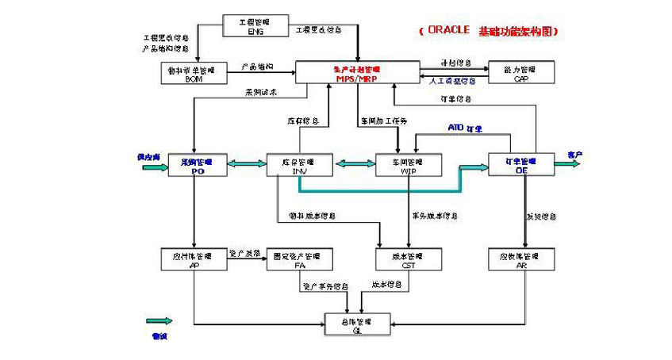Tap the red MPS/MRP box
coord(357,73)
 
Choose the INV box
coord(299,164)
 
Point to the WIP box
coord(409,164)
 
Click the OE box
coord(521,164)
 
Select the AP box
coord(194,260)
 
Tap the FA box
coord(299,260)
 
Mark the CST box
coord(409,260)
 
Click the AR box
coord(521,260)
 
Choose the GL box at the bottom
coord(357,324)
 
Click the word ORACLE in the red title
coord(449,30)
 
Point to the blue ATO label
coord(455,127)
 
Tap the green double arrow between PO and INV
coord(247,164)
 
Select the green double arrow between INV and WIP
coord(354,164)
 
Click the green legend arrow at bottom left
coord(159,321)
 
